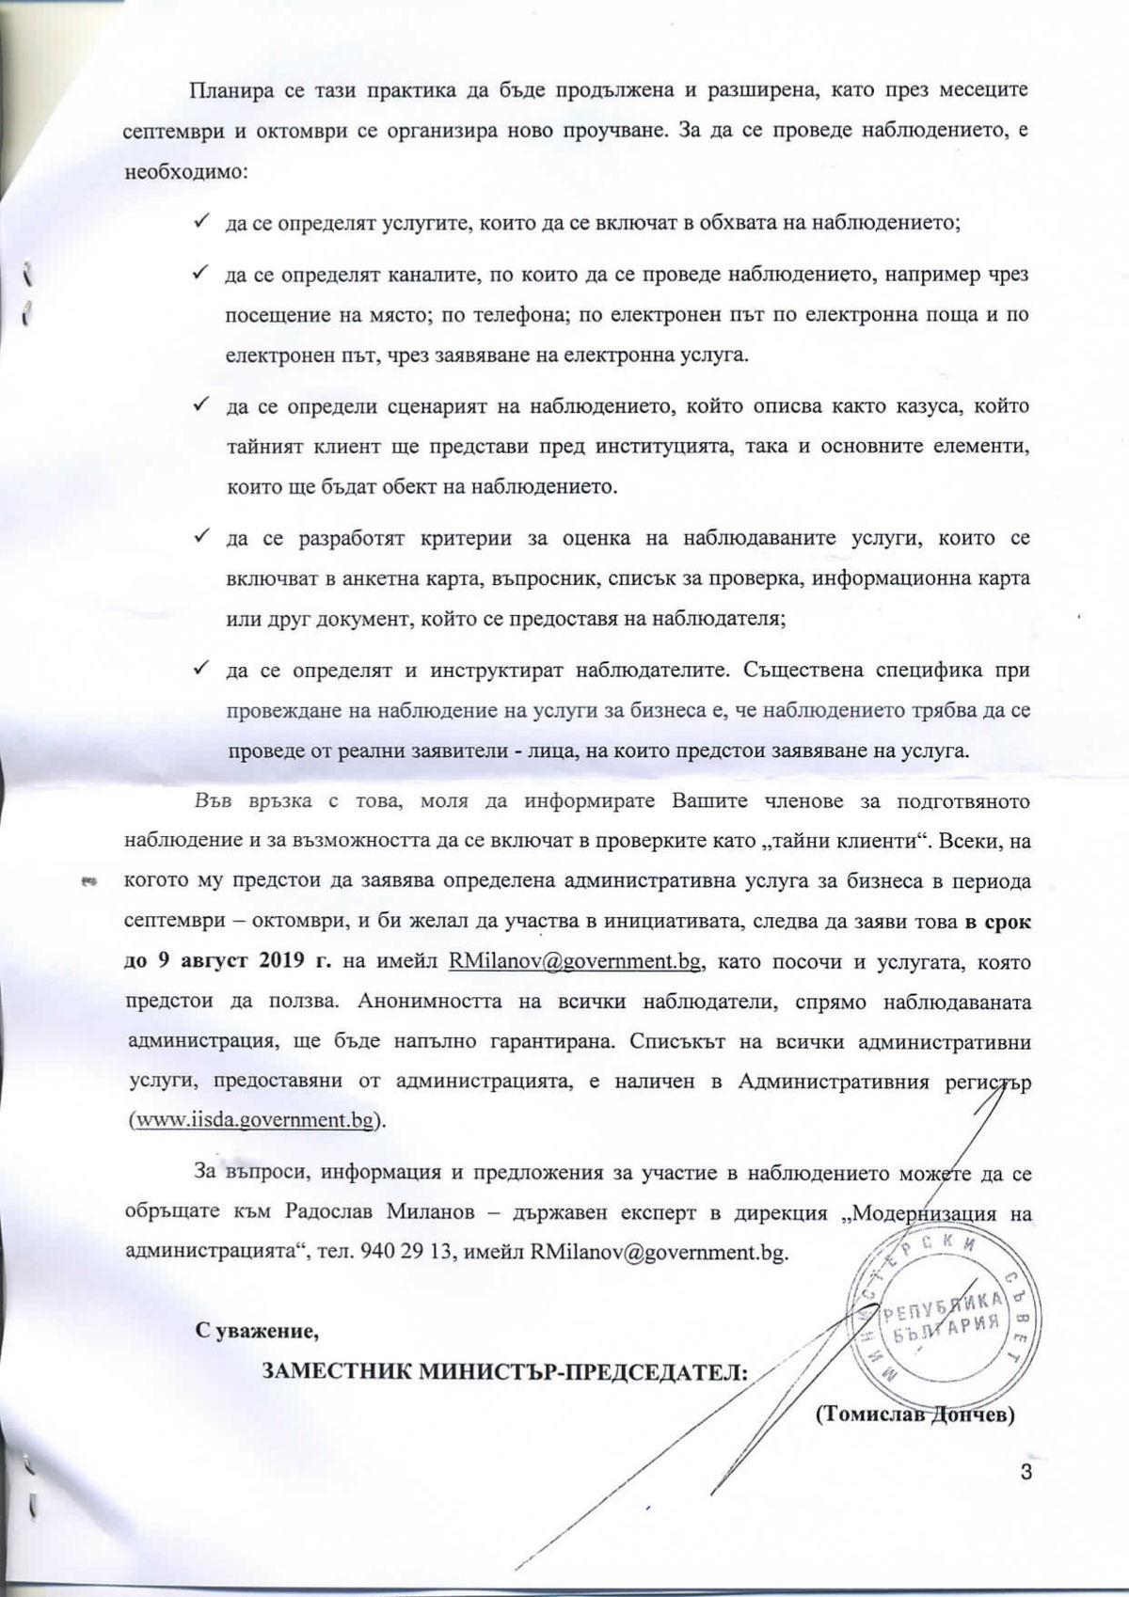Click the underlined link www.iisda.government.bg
point(259,1121)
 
